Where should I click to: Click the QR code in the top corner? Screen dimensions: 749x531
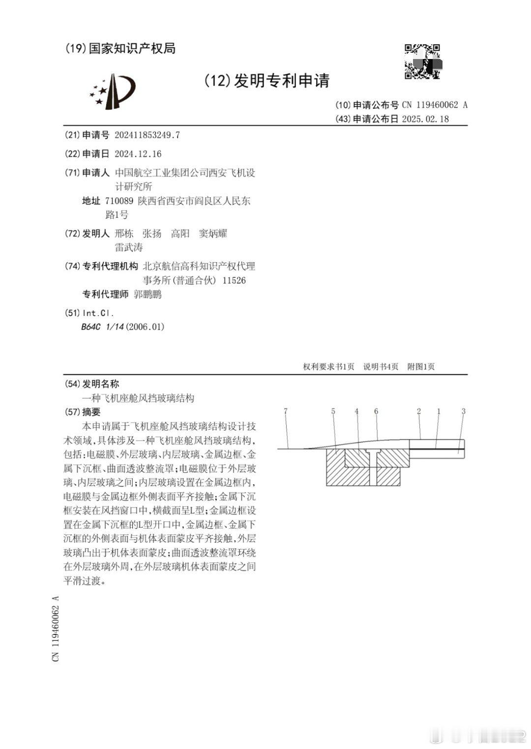click(422, 61)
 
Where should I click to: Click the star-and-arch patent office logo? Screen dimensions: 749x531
click(113, 91)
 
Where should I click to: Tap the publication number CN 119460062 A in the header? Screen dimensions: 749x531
click(435, 105)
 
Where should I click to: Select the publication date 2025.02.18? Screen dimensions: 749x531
click(425, 119)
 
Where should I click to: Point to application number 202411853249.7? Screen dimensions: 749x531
click(147, 135)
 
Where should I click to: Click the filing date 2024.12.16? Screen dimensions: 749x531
click(138, 154)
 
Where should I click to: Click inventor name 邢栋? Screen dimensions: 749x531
click(124, 234)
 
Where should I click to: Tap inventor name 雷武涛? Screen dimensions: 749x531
click(129, 247)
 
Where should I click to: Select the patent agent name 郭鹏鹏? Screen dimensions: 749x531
click(147, 295)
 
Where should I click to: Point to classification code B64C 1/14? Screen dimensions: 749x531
click(102, 327)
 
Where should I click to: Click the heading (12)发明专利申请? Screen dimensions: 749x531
click(266, 81)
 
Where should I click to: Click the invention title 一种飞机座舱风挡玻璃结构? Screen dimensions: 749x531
click(138, 398)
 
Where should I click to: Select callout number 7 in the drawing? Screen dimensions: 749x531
click(285, 411)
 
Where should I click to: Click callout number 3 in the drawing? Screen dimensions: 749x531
click(463, 411)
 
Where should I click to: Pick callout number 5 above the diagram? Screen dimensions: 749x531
click(333, 411)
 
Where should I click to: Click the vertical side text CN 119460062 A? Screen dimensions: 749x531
click(56, 629)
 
